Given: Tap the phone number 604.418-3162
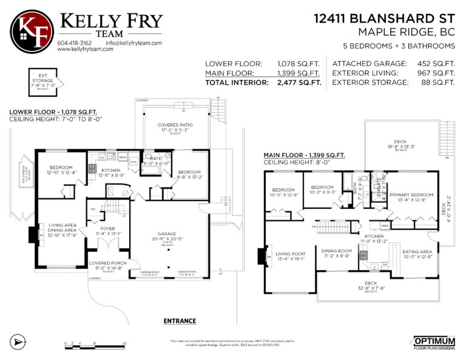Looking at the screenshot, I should point(75,43).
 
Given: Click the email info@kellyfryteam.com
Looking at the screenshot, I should point(133,43).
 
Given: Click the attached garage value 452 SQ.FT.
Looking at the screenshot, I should point(436,63).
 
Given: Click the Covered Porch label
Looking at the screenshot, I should point(107,265).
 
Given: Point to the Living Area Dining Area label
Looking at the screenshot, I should point(61,230).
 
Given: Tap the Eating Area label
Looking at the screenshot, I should point(417,253).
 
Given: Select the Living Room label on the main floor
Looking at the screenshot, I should point(291,256).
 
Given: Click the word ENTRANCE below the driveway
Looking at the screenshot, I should point(180,321).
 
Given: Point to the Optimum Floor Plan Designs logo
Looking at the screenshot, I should point(434,343).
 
